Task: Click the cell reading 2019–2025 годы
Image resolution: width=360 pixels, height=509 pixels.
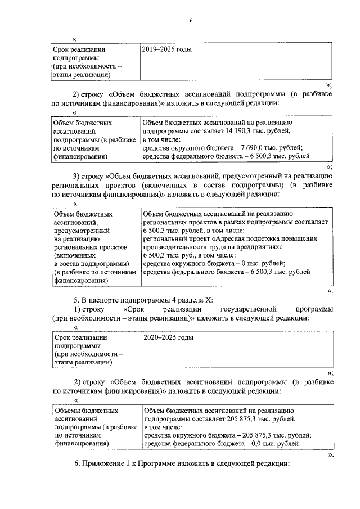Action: (x=168, y=49)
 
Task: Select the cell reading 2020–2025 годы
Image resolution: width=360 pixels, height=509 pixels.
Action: (x=168, y=338)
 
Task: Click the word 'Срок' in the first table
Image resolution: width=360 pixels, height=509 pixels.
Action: (x=62, y=49)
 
